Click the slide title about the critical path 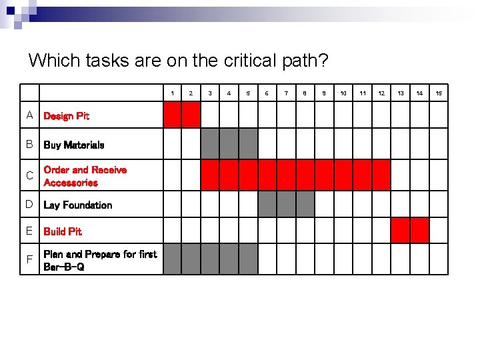click(x=178, y=61)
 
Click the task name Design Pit click(x=66, y=116)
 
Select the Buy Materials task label click(x=73, y=145)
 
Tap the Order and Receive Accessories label click(x=85, y=176)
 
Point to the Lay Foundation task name click(x=77, y=205)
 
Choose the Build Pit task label click(x=63, y=231)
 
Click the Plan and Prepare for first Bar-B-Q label click(x=100, y=260)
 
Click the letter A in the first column click(x=30, y=115)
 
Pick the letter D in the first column click(x=30, y=204)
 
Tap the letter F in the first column click(x=30, y=259)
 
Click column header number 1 click(x=172, y=93)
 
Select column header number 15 click(x=439, y=93)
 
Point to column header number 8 click(x=305, y=93)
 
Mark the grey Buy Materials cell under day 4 click(x=229, y=143)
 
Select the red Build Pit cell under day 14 click(x=419, y=231)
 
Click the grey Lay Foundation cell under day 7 click(x=287, y=205)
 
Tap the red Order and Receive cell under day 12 click(x=381, y=175)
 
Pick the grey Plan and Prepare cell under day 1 click(x=172, y=259)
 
